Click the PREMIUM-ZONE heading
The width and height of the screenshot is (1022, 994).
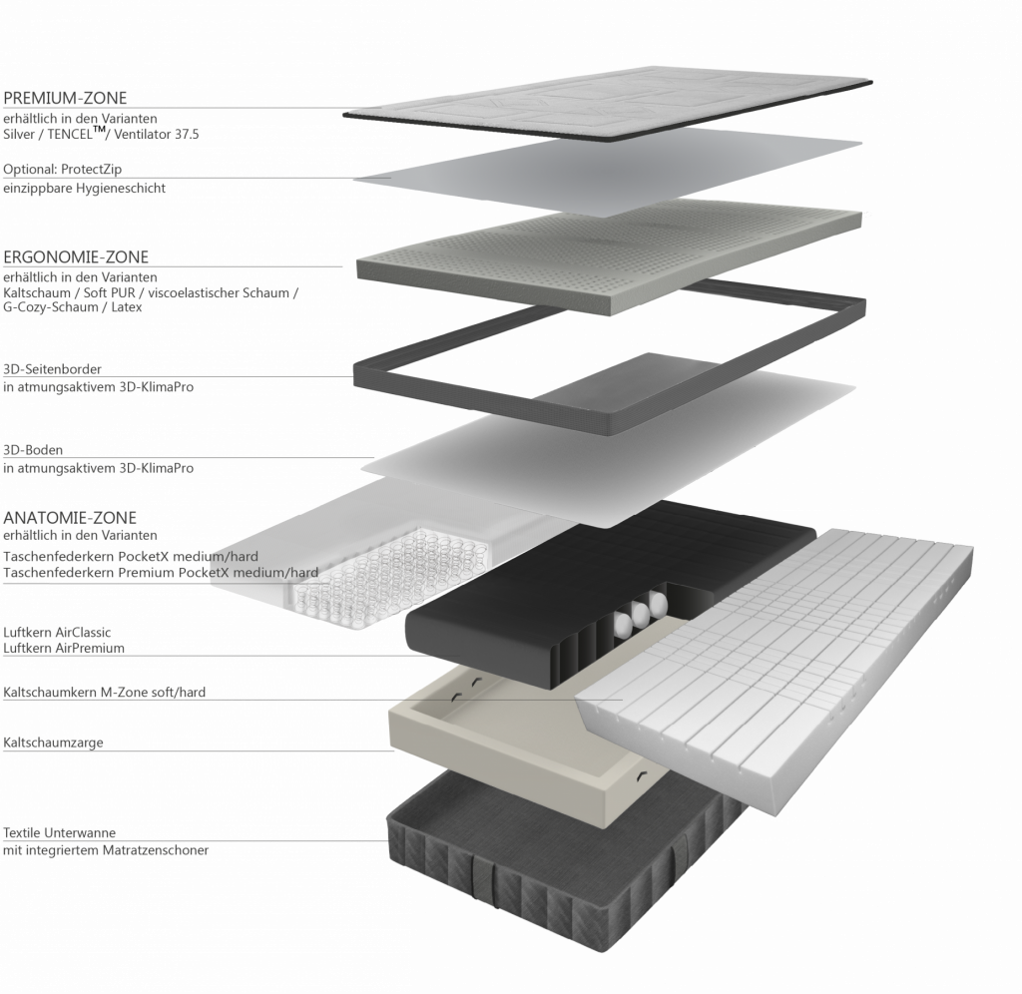[x=65, y=98]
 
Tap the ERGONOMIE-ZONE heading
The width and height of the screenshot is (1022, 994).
[x=76, y=256]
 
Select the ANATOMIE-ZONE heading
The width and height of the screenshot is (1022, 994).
[x=70, y=518]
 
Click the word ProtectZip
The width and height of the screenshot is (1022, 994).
[x=91, y=170]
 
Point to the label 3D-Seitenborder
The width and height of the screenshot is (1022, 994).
[x=52, y=369]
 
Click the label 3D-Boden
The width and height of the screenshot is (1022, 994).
[x=33, y=450]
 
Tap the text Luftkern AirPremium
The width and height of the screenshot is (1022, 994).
[x=64, y=648]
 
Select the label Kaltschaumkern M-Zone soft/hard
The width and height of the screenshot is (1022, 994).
[x=104, y=693]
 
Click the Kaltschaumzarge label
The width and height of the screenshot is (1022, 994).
[x=54, y=743]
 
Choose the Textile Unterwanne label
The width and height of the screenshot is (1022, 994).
[x=59, y=832]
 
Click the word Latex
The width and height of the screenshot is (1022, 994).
[x=127, y=307]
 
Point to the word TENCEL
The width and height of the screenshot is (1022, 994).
[x=70, y=135]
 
